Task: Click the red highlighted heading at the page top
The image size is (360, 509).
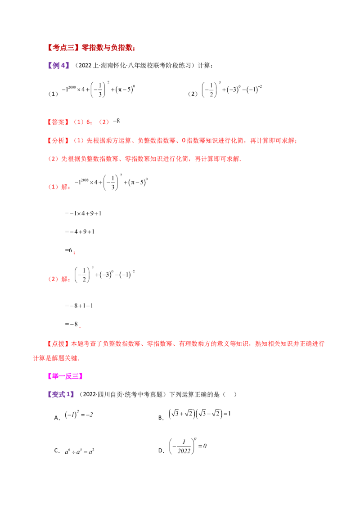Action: pos(91,47)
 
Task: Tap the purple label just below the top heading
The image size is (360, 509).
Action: pos(59,66)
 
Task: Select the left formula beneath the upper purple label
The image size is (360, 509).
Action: pos(100,89)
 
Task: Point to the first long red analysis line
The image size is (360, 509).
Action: pos(172,141)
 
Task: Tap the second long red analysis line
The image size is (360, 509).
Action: pos(144,158)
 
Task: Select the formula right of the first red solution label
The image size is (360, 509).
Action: pos(112,182)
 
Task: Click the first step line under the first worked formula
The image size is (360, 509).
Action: pos(84,214)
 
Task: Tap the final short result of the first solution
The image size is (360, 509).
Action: pos(72,250)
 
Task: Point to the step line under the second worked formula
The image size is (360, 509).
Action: pos(79,307)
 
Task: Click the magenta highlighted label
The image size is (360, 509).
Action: pos(65,375)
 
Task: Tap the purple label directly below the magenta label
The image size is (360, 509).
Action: pos(61,394)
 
